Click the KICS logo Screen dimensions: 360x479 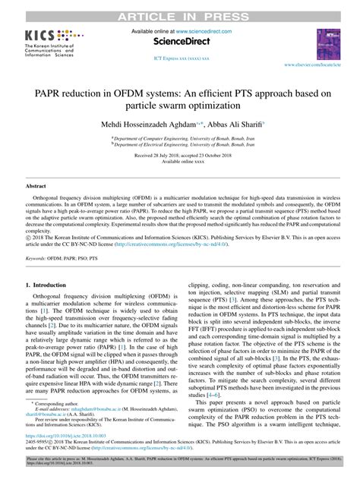[47, 44]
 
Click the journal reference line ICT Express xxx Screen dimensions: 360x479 [180, 58]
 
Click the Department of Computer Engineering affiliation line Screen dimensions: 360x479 [180, 139]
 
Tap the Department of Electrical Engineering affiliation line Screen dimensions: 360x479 [180, 145]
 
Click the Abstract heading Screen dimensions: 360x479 [36, 185]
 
